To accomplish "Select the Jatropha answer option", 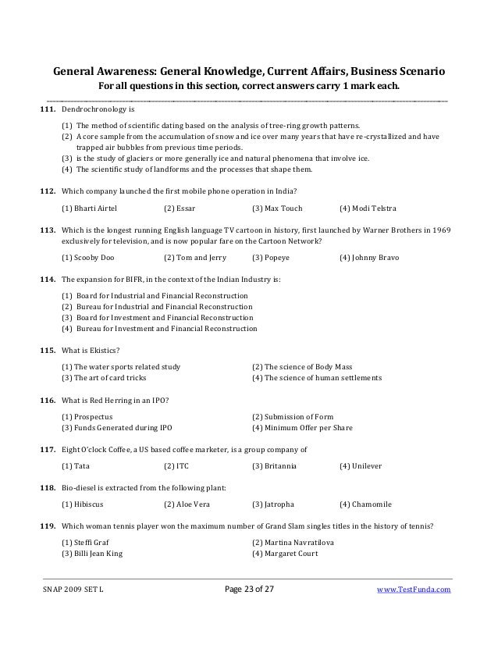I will click(x=276, y=504).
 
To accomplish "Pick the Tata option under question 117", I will click(x=76, y=466).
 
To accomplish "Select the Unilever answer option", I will click(x=364, y=466).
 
